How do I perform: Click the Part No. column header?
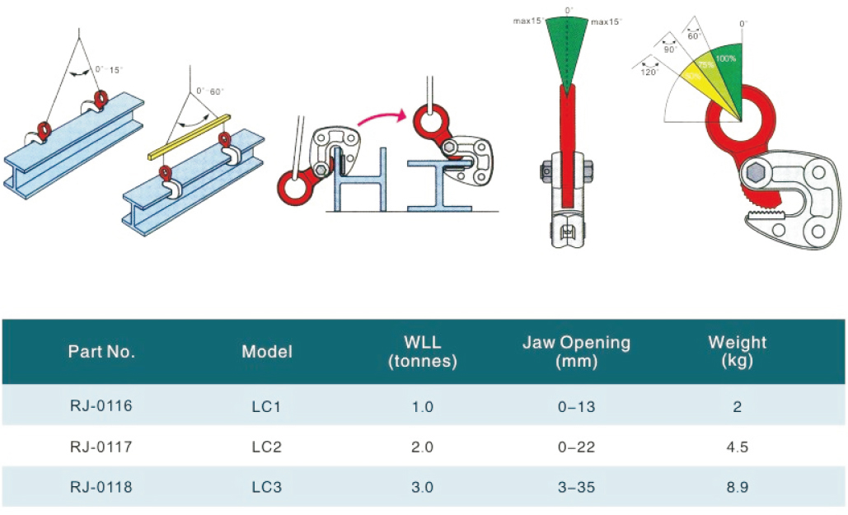click(101, 352)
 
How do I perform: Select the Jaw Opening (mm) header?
click(576, 351)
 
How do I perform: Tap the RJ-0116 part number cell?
click(101, 405)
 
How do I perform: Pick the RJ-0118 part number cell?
click(101, 487)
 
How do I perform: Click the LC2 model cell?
click(266, 447)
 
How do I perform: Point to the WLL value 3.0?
click(422, 487)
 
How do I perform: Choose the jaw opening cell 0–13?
click(576, 406)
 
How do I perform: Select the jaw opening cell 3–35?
click(576, 487)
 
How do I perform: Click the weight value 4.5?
click(737, 447)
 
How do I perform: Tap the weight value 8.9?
click(737, 487)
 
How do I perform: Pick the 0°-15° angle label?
click(108, 70)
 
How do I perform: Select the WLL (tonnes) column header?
click(422, 351)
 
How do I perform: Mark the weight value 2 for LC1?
click(737, 406)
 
